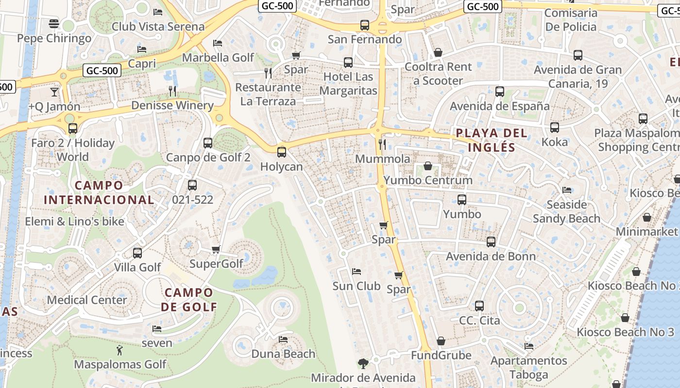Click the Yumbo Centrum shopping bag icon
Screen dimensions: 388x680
tap(428, 166)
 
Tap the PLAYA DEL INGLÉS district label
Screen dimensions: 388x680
tap(491, 140)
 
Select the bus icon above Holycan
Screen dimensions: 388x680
tap(281, 152)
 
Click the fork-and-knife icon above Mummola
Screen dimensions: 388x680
tap(382, 144)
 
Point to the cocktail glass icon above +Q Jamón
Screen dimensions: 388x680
tap(54, 92)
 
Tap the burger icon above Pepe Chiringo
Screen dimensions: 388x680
tap(54, 24)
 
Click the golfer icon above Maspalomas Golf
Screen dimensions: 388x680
tap(119, 350)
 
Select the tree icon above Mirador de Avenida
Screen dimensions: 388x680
tap(363, 363)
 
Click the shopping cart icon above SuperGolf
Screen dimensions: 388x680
tap(216, 250)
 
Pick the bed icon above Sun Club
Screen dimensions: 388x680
tap(357, 272)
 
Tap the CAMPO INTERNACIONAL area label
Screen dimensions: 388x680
tap(99, 193)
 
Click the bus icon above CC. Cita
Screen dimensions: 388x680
tap(479, 306)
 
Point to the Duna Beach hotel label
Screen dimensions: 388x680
tap(283, 354)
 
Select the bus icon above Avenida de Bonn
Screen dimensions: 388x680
tap(491, 242)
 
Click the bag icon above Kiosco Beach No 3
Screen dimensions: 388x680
tap(625, 318)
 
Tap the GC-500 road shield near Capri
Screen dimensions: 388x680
tap(102, 70)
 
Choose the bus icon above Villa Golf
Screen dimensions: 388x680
tap(137, 253)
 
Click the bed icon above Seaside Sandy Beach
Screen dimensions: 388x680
tap(566, 190)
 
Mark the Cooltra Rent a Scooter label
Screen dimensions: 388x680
tap(438, 74)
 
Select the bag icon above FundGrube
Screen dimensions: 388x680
tap(441, 341)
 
